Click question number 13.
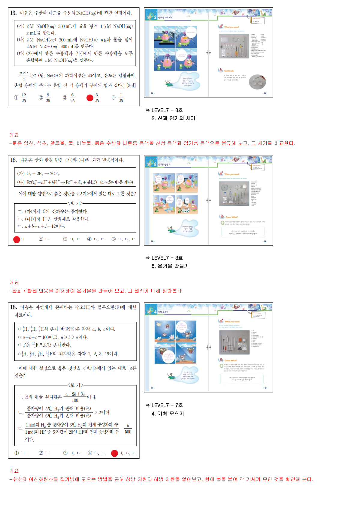pyautogui.click(x=13, y=13)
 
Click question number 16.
pyautogui.click(x=13, y=160)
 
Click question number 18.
pyautogui.click(x=13, y=307)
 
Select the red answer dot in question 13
pyautogui.click(x=90, y=98)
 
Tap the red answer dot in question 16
pyautogui.click(x=17, y=239)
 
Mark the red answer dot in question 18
pyautogui.click(x=114, y=453)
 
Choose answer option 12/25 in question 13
pyautogui.click(x=24, y=98)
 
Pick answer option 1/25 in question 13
pyautogui.click(x=121, y=98)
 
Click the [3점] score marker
pyautogui.click(x=131, y=86)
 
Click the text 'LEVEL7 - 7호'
pyautogui.click(x=167, y=405)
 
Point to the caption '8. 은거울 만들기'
pyautogui.click(x=170, y=266)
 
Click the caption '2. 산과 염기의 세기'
pyautogui.click(x=173, y=118)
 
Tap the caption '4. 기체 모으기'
pyautogui.click(x=168, y=414)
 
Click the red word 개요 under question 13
pyautogui.click(x=14, y=135)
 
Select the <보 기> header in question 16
pyautogui.click(x=75, y=203)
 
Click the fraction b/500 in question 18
pyautogui.click(x=128, y=429)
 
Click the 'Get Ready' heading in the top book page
pyautogui.click(x=229, y=71)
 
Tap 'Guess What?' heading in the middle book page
pyautogui.click(x=231, y=217)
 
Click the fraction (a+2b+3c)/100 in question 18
pyautogui.click(x=75, y=397)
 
